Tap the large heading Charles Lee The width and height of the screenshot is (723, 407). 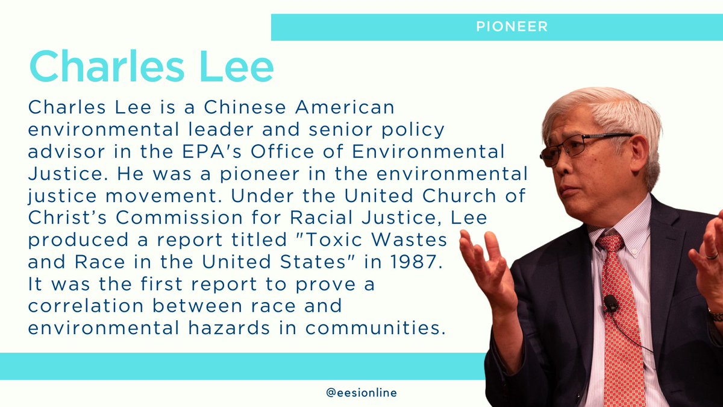[151, 68]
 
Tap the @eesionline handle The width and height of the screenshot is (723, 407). [361, 393]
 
